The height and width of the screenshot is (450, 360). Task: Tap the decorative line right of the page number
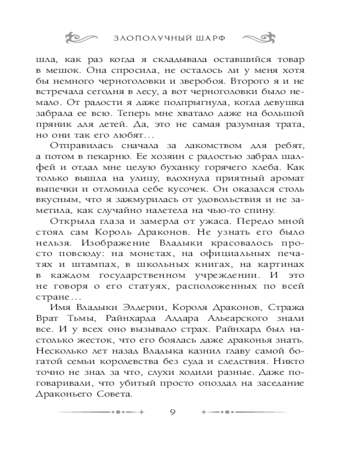245,412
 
